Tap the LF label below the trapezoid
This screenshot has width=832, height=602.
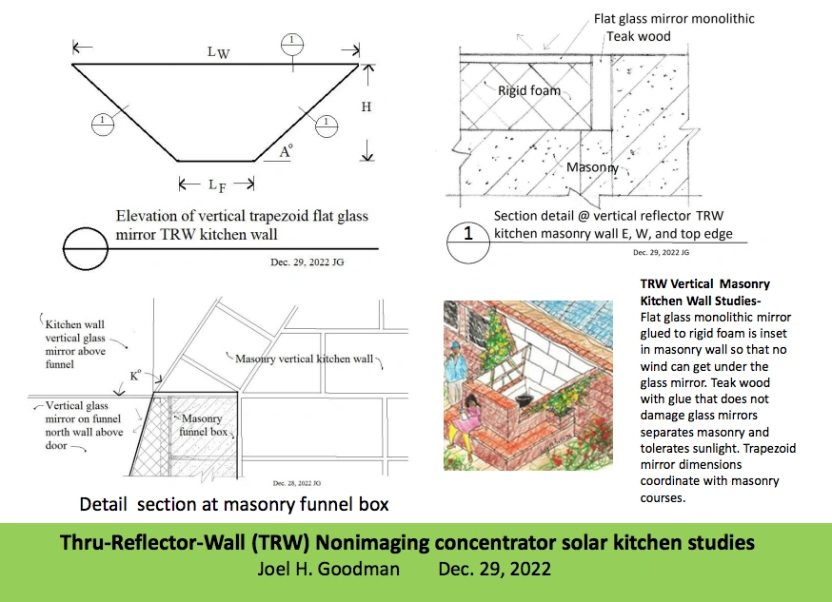click(x=218, y=185)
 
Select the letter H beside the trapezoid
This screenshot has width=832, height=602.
click(x=366, y=107)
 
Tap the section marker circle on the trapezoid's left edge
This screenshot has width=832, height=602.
click(x=100, y=122)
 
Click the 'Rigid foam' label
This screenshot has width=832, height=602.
click(x=529, y=91)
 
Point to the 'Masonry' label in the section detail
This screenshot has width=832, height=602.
click(x=592, y=168)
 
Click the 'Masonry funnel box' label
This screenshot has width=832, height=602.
click(x=201, y=425)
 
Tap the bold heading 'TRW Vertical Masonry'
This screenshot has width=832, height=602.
click(x=705, y=283)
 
